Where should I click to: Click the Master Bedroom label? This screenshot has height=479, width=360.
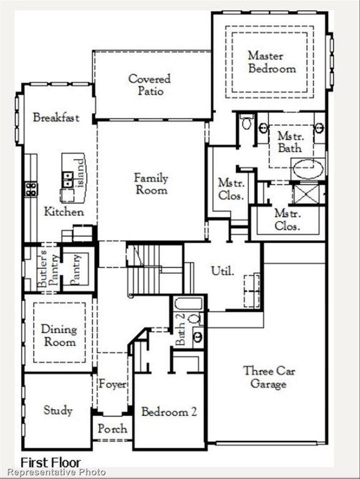coord(271,62)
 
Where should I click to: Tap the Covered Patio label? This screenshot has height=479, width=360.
coord(150,85)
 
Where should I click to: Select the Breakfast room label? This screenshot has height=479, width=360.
coord(56,117)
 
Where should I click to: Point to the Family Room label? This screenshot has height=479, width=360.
coord(151,184)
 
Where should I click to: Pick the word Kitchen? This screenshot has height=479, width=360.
coord(64,212)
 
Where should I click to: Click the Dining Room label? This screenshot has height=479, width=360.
coord(59,335)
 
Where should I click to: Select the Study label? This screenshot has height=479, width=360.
coord(58,410)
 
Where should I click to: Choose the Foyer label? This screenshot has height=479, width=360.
coord(112,384)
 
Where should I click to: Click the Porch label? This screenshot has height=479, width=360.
coord(112,429)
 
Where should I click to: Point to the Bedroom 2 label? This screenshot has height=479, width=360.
coord(169,412)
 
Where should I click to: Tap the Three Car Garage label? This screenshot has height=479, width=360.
coord(269,377)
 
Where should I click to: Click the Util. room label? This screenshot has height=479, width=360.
coord(223,271)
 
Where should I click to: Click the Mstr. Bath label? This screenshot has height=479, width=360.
coord(289,142)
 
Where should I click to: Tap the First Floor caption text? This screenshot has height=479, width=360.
coord(51,462)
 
